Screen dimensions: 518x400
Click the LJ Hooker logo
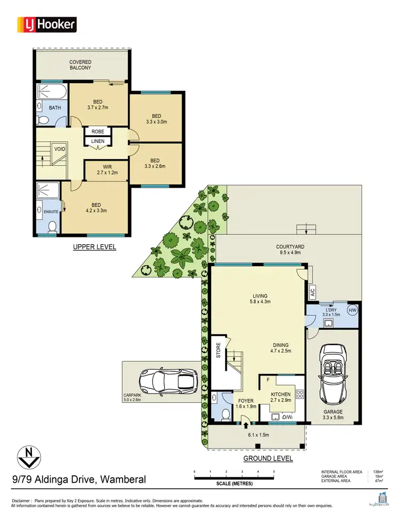click(x=47, y=24)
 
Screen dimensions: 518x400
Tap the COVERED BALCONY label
click(x=80, y=65)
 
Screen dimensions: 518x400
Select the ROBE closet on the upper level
click(x=98, y=131)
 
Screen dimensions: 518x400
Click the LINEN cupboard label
click(x=98, y=141)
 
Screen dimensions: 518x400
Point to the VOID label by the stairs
click(x=59, y=149)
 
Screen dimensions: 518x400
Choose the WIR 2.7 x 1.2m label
click(x=107, y=170)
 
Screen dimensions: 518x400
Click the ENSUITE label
click(x=50, y=212)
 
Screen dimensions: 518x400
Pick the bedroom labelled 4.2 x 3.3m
click(x=97, y=207)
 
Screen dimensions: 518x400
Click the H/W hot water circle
click(x=352, y=310)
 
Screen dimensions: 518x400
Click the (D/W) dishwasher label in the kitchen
click(x=287, y=417)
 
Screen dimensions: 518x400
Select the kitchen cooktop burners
click(x=299, y=395)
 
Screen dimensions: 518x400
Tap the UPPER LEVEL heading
click(x=94, y=247)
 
